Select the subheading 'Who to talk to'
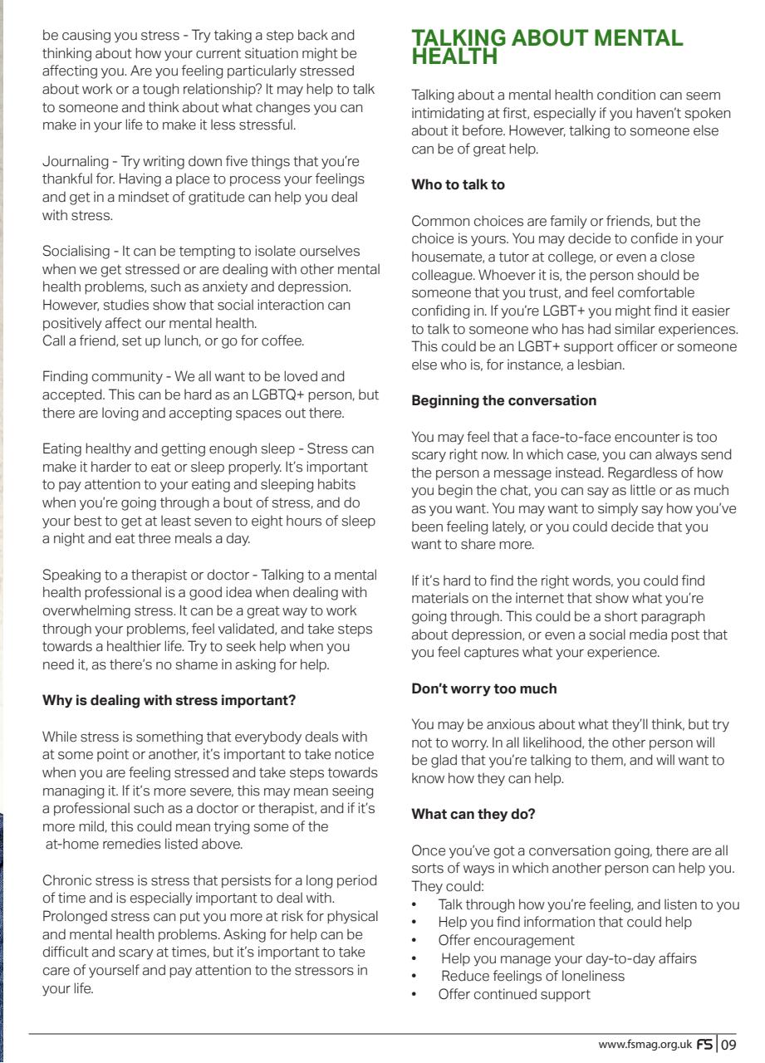click(x=458, y=185)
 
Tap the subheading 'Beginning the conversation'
click(x=504, y=400)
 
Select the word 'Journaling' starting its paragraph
click(x=75, y=160)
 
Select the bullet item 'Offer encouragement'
click(x=506, y=940)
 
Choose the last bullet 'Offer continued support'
click(x=514, y=994)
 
